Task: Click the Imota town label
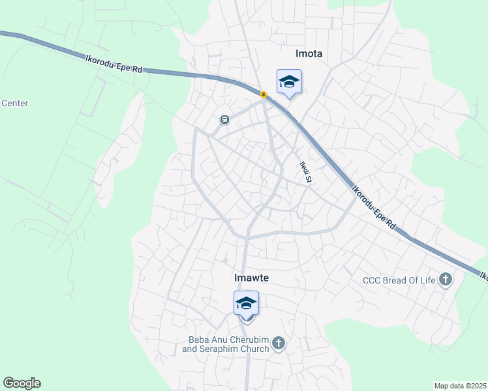[309, 53]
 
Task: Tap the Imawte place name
[251, 278]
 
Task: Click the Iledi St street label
[304, 172]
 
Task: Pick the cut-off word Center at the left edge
[14, 103]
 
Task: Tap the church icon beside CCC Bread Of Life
[446, 280]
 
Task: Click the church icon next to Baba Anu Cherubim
[279, 343]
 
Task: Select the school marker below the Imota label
[289, 81]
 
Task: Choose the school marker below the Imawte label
[247, 303]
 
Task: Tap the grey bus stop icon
[224, 120]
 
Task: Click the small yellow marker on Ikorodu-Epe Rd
[264, 95]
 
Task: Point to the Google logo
[22, 383]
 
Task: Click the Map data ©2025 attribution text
[460, 386]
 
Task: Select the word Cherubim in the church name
[250, 339]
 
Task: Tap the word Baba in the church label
[200, 339]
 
